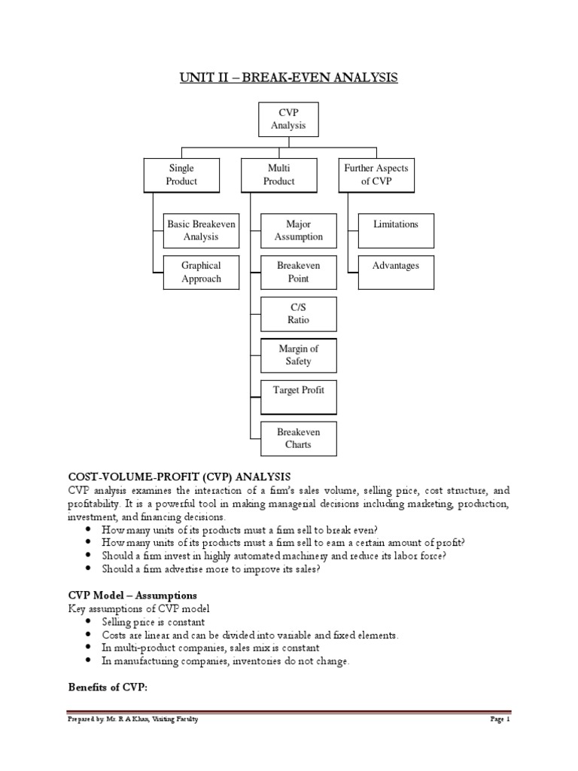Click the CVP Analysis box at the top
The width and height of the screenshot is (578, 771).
[289, 119]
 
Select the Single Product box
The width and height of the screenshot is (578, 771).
[181, 175]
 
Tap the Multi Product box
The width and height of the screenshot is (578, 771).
[279, 175]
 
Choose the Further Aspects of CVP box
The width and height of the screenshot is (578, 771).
[377, 175]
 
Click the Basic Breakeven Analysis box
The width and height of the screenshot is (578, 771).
[201, 230]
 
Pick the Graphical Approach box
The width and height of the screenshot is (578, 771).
[201, 272]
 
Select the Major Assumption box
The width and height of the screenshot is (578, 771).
[299, 230]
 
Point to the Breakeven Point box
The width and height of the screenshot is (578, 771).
[299, 272]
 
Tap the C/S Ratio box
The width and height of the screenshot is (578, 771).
[299, 314]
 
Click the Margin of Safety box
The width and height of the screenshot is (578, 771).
[299, 355]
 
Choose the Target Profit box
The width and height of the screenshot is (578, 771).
[299, 397]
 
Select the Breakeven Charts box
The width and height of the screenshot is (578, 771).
[299, 439]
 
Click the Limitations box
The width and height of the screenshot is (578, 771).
[396, 230]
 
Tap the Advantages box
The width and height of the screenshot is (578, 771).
[396, 272]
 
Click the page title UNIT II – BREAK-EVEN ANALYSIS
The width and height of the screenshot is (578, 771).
[289, 78]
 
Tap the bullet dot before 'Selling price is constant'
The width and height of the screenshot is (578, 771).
[90, 621]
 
